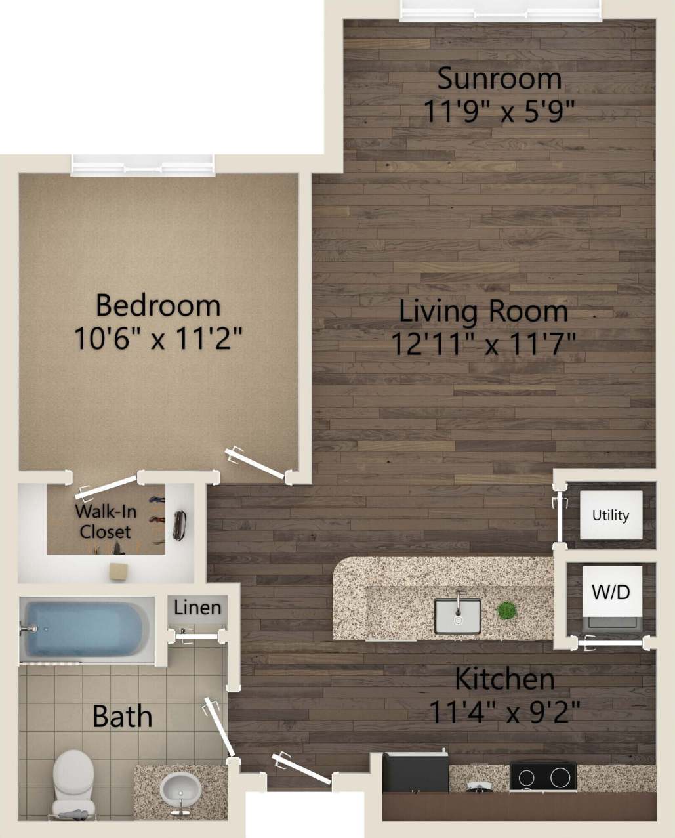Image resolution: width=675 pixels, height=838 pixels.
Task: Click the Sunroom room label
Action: pyautogui.click(x=499, y=79)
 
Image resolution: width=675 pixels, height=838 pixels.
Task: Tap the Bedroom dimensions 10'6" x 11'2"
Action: pyautogui.click(x=158, y=339)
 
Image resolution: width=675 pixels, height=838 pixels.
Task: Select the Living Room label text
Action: pyautogui.click(x=483, y=311)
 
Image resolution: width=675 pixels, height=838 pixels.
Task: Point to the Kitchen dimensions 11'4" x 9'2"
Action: pyautogui.click(x=504, y=711)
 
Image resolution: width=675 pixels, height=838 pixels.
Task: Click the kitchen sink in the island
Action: pyautogui.click(x=457, y=615)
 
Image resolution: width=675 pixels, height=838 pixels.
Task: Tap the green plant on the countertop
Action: pyautogui.click(x=506, y=610)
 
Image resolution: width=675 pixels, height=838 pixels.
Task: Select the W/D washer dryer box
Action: pyautogui.click(x=611, y=592)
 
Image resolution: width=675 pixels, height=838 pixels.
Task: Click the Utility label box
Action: pyautogui.click(x=611, y=515)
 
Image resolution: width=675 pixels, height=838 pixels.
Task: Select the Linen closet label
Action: pyautogui.click(x=197, y=608)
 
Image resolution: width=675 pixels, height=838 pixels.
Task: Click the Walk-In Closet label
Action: pyautogui.click(x=105, y=522)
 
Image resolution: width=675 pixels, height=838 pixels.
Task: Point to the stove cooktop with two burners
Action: pyautogui.click(x=542, y=777)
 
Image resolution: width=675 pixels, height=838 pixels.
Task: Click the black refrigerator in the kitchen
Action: pyautogui.click(x=415, y=773)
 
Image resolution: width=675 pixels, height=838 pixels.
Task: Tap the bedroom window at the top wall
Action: pyautogui.click(x=143, y=164)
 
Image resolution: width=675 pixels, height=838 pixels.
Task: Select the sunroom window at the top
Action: pyautogui.click(x=500, y=10)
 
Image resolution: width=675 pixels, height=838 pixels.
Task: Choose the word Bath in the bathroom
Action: pyautogui.click(x=122, y=717)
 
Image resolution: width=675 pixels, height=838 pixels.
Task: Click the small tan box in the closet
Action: pyautogui.click(x=119, y=571)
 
